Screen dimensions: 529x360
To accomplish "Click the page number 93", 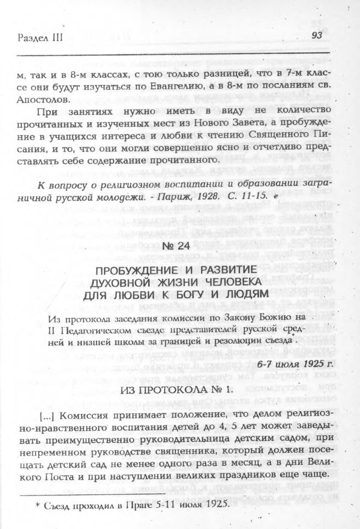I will [x=316, y=36].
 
